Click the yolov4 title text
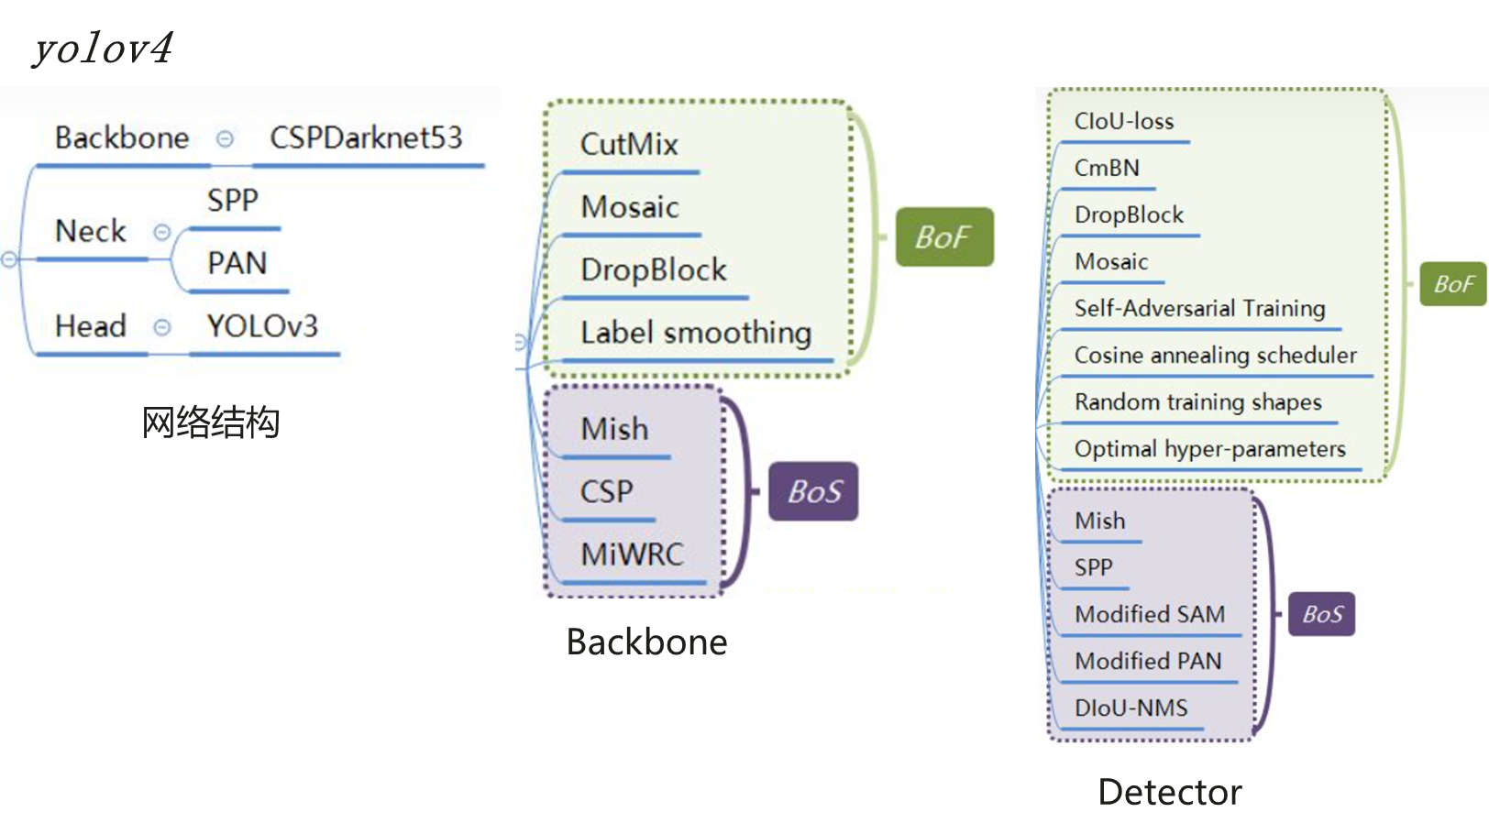[x=103, y=48]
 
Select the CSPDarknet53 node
[x=366, y=137]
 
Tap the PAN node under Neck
[x=237, y=263]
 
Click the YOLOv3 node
[x=262, y=325]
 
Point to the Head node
[x=90, y=325]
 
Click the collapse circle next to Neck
[x=162, y=232]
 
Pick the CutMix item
[x=629, y=144]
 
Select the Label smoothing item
[x=696, y=333]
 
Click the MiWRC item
[x=632, y=554]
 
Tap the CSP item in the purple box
[x=606, y=491]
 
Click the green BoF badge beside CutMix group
[x=943, y=237]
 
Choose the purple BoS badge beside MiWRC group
[x=813, y=492]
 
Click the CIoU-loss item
[x=1123, y=121]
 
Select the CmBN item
[x=1107, y=168]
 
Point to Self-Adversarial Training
[x=1199, y=308]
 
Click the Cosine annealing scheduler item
[x=1215, y=355]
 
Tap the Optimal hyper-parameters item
[x=1209, y=448]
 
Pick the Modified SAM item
[x=1150, y=614]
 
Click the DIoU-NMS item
[x=1131, y=708]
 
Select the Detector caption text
[x=1170, y=792]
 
